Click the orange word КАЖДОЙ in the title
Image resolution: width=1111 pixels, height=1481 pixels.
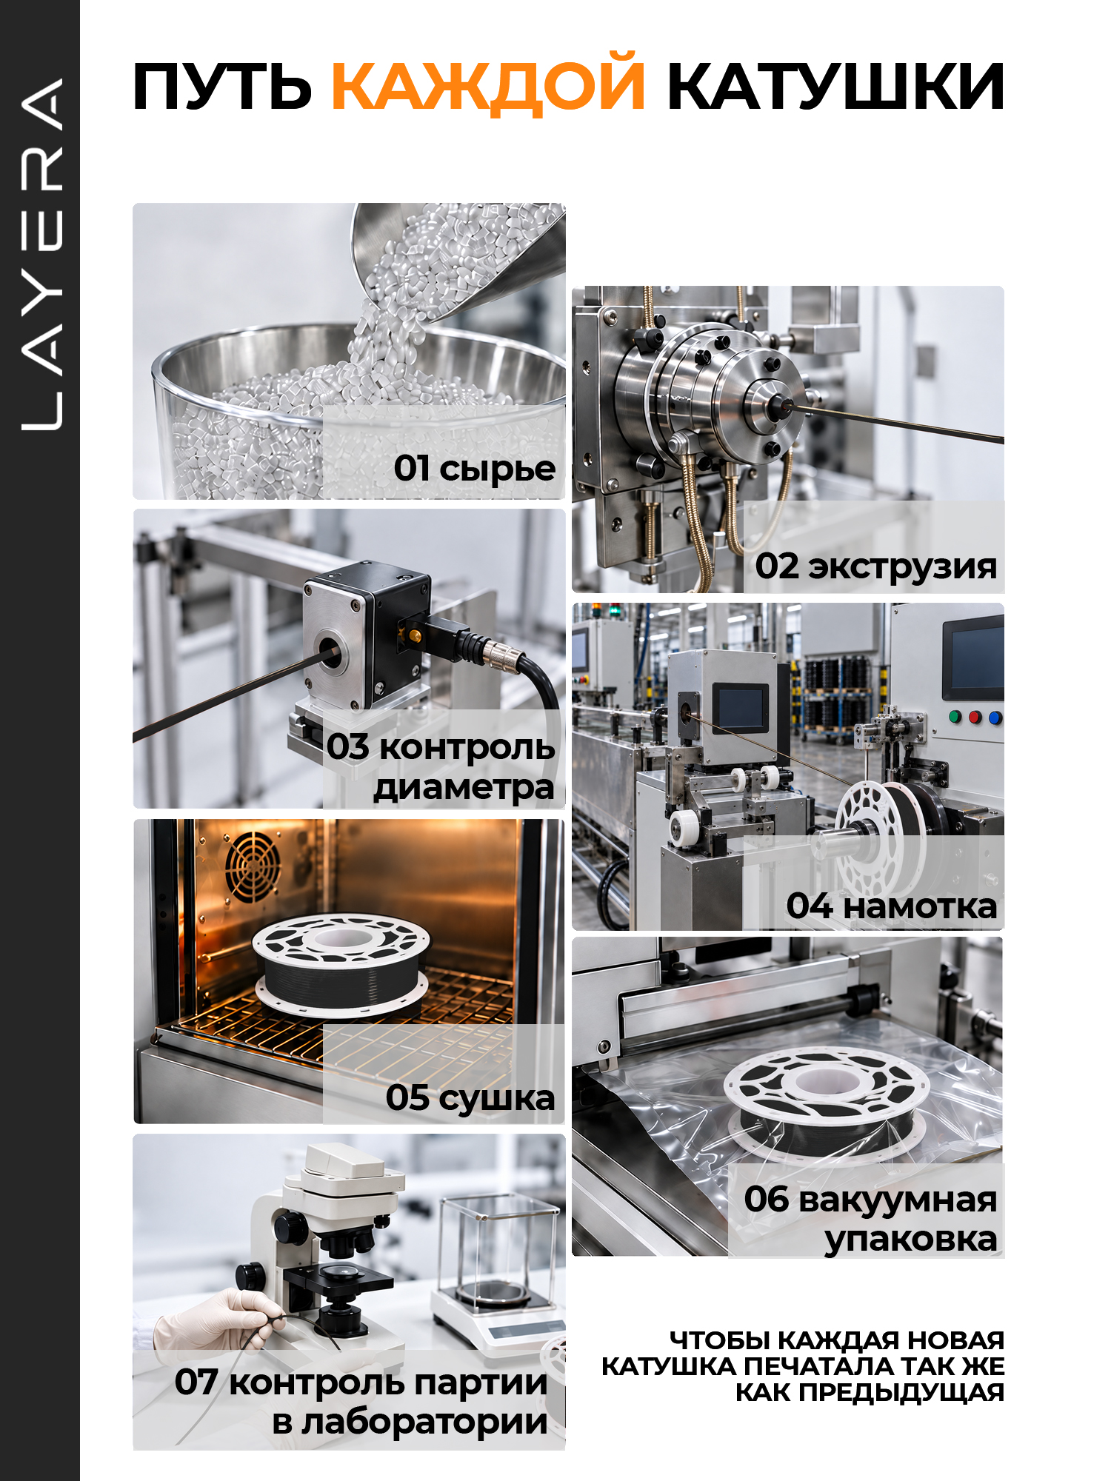(488, 84)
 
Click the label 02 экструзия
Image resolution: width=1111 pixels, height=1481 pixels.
(876, 566)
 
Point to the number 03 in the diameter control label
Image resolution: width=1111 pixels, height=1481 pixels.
(348, 746)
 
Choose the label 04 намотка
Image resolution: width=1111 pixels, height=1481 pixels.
(892, 905)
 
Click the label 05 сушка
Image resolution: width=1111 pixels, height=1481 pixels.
(470, 1097)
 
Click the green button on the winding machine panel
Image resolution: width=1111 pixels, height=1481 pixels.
(955, 717)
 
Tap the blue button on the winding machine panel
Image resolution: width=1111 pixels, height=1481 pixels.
(995, 718)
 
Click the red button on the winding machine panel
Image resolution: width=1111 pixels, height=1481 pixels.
(975, 717)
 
